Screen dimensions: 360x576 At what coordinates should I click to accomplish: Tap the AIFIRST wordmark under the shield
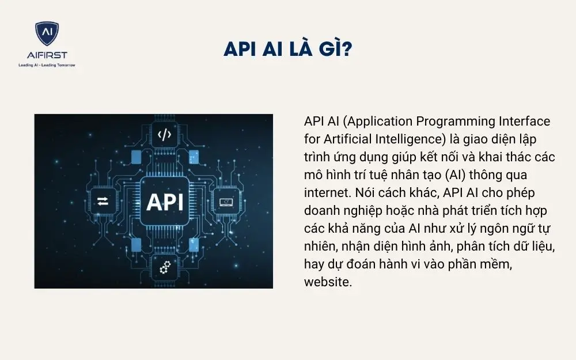(47, 55)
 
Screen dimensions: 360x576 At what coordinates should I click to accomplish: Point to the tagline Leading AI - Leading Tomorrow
(47, 65)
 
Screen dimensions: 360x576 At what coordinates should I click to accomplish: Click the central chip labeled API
(165, 201)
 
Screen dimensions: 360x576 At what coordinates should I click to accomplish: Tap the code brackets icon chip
(165, 135)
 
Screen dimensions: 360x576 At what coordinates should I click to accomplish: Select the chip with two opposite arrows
(103, 201)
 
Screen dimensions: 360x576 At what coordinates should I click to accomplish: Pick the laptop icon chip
(226, 201)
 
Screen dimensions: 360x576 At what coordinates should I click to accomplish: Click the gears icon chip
(165, 267)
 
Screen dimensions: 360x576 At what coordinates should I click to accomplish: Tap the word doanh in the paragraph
(320, 211)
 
